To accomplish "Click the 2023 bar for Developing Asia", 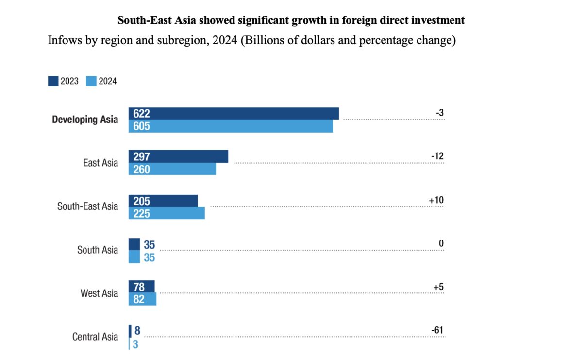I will (x=233, y=114).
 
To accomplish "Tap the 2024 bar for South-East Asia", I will (x=167, y=213).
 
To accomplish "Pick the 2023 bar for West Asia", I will (x=141, y=287).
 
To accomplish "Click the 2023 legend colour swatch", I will (x=53, y=81).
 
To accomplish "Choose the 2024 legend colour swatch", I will (x=91, y=81).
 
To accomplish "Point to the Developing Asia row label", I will (x=85, y=120).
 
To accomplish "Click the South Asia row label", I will (x=98, y=250).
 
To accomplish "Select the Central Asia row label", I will (x=95, y=337).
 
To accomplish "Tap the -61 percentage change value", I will (x=437, y=331).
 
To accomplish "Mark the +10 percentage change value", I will (x=436, y=200).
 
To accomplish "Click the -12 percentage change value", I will (x=437, y=156).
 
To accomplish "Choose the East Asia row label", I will (x=100, y=163).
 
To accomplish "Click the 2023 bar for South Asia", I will (x=134, y=244).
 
